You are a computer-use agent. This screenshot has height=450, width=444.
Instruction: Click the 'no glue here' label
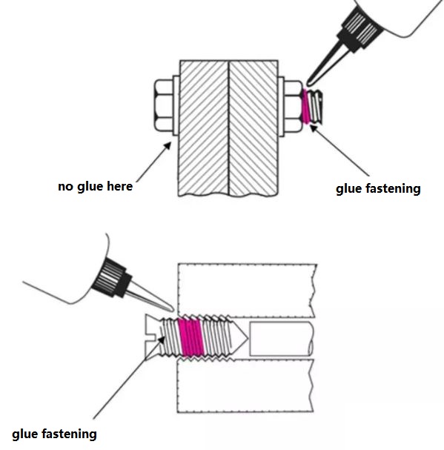(x=96, y=187)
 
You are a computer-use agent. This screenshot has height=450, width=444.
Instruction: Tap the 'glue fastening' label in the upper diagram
(x=378, y=189)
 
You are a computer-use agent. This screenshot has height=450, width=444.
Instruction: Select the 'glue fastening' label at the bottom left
(x=54, y=434)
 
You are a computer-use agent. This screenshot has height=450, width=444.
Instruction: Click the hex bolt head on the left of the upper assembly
(x=164, y=105)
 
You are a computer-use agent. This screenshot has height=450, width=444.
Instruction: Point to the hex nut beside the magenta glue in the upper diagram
(x=293, y=107)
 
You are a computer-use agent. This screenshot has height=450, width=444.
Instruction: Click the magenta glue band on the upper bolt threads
(x=306, y=107)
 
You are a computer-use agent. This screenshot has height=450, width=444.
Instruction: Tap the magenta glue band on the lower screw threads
(x=190, y=337)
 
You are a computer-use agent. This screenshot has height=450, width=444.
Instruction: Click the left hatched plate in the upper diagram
(x=204, y=128)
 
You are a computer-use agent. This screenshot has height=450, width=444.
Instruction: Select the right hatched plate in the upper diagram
(x=254, y=128)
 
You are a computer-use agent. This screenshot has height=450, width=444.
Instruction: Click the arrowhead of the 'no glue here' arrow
(x=168, y=145)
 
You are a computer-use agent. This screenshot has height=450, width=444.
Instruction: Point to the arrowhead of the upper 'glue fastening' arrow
(x=314, y=128)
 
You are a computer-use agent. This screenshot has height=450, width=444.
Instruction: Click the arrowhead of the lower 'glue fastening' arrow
(x=162, y=340)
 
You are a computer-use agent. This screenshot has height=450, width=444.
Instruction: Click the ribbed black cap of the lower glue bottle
(x=111, y=277)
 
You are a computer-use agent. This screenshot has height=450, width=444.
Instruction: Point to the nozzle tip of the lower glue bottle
(x=172, y=310)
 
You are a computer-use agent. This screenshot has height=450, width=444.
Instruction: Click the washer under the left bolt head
(x=176, y=105)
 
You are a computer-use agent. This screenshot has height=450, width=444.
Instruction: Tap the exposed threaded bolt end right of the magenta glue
(x=317, y=107)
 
